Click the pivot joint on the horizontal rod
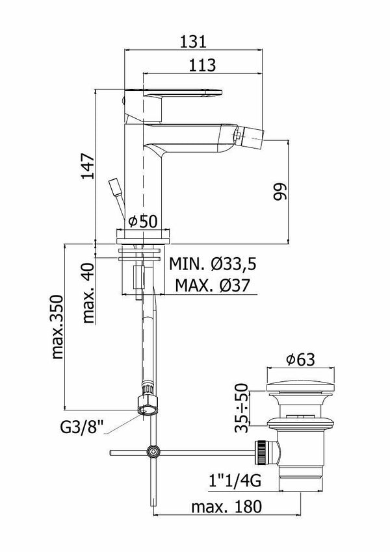(153, 451)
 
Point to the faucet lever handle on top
(175, 92)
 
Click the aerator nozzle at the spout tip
(238, 135)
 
